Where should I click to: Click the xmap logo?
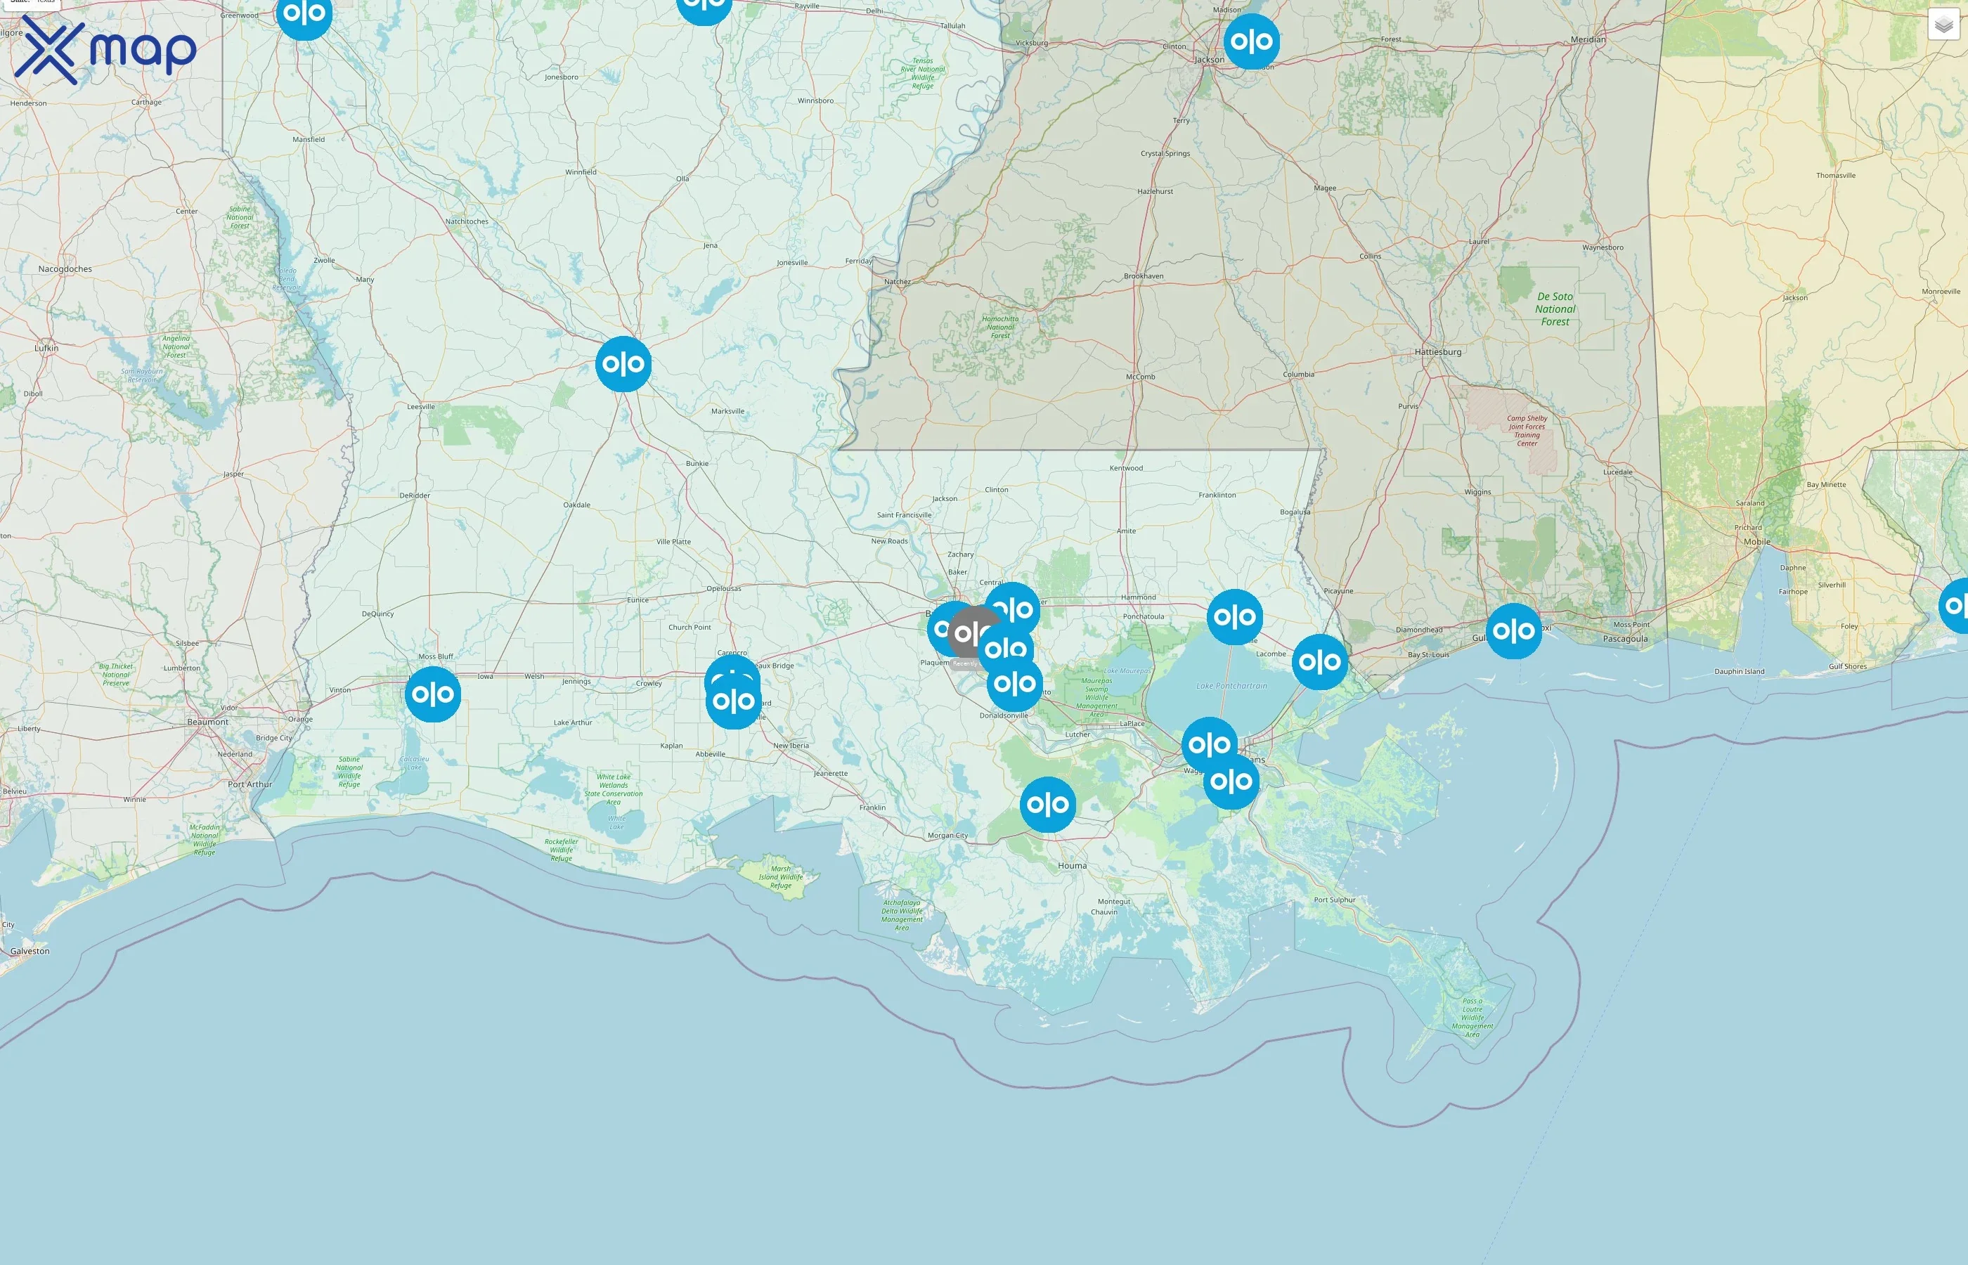click(105, 49)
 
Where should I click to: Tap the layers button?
click(1943, 25)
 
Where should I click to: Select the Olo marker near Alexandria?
click(623, 363)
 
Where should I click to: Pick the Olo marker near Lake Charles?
click(433, 694)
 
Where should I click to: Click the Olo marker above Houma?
click(1047, 804)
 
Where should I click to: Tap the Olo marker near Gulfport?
click(1513, 631)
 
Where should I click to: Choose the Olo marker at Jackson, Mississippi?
click(1251, 41)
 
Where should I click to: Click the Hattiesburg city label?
click(1437, 351)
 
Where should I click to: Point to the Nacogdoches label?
click(65, 268)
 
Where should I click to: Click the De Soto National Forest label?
click(1555, 309)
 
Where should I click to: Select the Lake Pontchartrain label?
click(1231, 685)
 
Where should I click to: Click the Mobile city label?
click(1757, 541)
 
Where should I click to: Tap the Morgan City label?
click(947, 836)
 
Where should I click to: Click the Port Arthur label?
click(250, 784)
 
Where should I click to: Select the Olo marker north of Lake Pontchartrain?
click(1234, 616)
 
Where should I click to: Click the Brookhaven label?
click(1144, 276)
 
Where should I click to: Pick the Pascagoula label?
click(1626, 638)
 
